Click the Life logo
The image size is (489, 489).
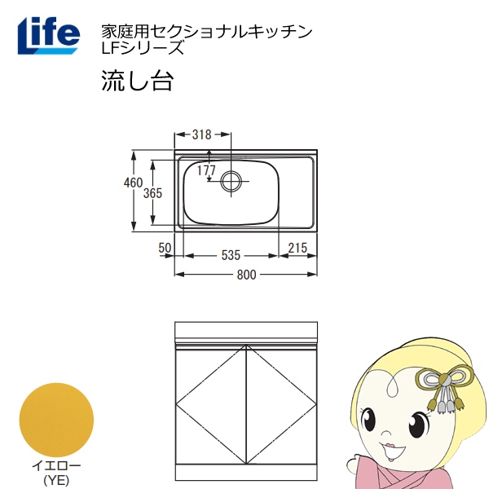point(48,36)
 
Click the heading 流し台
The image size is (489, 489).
point(137,81)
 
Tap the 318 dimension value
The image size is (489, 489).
point(202,134)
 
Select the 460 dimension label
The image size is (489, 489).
point(133,183)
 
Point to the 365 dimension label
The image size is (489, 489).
point(153,193)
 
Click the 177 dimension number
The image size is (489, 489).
point(206,170)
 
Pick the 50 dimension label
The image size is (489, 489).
point(165,248)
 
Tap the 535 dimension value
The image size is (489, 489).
point(231,255)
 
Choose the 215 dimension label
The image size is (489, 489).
point(297,249)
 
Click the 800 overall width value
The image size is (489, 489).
point(246,275)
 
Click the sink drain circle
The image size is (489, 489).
point(231,181)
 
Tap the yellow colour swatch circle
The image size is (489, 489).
point(56,420)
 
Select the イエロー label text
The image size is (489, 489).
point(56,466)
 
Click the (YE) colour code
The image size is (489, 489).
point(56,480)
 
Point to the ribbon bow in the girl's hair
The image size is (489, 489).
point(444,386)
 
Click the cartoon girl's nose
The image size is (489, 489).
point(386,434)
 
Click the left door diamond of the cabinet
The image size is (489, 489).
point(211,404)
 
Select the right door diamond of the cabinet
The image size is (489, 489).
point(281,404)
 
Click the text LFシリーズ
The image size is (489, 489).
point(143,48)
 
